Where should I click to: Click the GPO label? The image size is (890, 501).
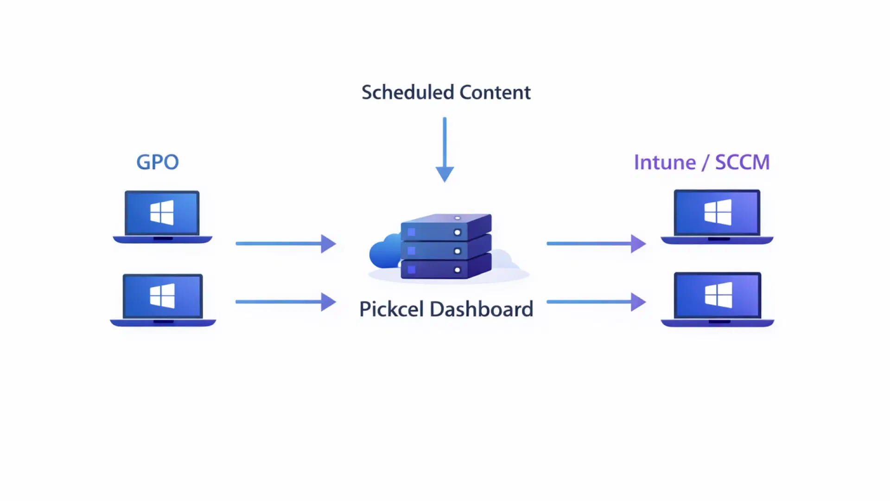click(158, 162)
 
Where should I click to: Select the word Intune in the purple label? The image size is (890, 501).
click(665, 162)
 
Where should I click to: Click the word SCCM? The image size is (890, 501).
click(742, 162)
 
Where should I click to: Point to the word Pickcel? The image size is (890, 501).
click(391, 309)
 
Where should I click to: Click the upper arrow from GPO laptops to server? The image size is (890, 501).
click(286, 243)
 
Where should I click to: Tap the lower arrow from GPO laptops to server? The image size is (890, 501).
click(286, 302)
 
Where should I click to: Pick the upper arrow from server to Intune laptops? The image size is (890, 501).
click(596, 243)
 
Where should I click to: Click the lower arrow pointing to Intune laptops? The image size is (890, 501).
click(596, 302)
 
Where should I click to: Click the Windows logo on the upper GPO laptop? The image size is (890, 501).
click(162, 212)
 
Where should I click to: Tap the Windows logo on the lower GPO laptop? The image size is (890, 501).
click(162, 295)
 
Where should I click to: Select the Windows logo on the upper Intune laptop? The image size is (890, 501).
click(718, 212)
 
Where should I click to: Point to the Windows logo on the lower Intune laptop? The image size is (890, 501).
click(718, 295)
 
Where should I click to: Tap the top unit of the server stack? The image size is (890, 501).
click(445, 227)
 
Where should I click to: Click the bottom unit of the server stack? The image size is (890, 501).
click(445, 269)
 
